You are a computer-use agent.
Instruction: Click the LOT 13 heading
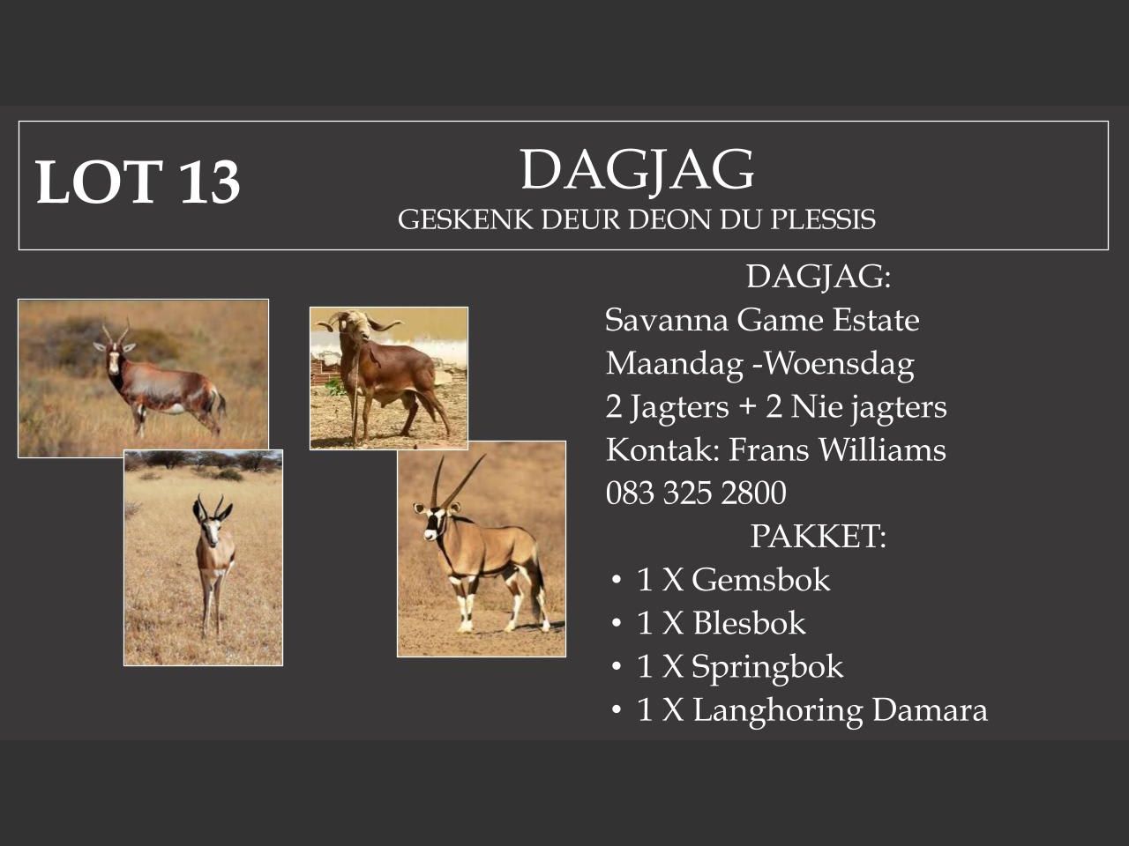[x=138, y=182]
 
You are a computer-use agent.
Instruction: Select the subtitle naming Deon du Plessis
[x=637, y=219]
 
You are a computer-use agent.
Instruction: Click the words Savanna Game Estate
[x=762, y=320]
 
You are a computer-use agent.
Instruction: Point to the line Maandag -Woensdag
[x=759, y=363]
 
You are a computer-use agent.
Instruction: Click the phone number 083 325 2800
[x=696, y=493]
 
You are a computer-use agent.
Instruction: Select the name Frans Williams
[x=837, y=449]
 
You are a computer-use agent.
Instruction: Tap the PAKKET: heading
[x=818, y=536]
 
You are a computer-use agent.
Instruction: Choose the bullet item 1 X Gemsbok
[x=733, y=580]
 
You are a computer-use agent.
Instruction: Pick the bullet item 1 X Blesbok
[x=721, y=623]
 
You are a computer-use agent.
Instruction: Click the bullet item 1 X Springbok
[x=740, y=666]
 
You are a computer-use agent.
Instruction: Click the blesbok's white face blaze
[x=113, y=357]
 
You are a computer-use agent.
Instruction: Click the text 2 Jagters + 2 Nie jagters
[x=776, y=406]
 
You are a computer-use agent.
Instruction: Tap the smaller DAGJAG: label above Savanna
[x=818, y=277]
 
